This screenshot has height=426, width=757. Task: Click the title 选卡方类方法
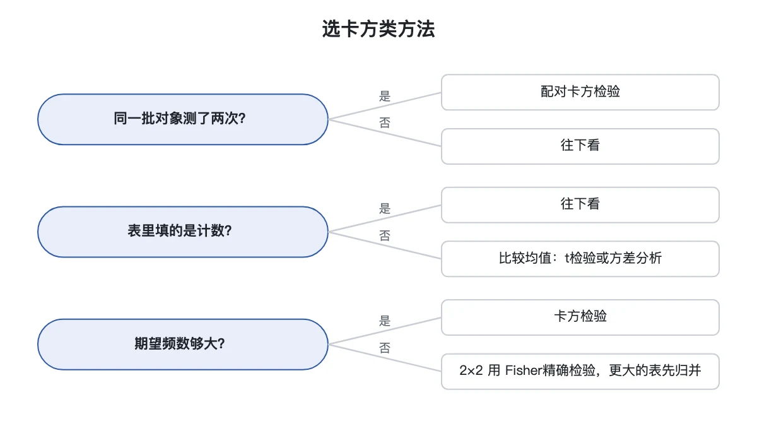point(378,29)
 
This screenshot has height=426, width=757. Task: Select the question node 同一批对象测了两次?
point(183,119)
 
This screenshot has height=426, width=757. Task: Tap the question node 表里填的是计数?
point(183,232)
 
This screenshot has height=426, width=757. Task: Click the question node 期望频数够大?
point(183,344)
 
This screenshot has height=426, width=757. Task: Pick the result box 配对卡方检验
point(580,92)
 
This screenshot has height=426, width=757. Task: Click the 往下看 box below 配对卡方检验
point(580,146)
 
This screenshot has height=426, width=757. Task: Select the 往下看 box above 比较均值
point(580,205)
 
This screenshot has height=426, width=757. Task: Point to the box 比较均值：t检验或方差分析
point(580,259)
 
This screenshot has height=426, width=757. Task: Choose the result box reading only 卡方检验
point(580,317)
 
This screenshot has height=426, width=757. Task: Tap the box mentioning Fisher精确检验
point(580,372)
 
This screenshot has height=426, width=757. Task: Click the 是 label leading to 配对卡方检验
point(385,96)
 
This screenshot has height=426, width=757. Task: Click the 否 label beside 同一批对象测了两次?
point(385,122)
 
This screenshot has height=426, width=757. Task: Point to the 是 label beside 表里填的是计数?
point(385,209)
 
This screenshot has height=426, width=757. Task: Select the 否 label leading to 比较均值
point(385,235)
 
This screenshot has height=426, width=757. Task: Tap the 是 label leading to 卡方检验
point(385,321)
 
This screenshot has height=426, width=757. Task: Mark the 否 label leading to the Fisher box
point(385,348)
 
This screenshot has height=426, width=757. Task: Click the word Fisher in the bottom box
point(524,370)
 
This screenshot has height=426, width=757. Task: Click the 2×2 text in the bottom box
point(471,370)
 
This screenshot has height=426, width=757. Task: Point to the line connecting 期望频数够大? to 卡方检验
point(385,331)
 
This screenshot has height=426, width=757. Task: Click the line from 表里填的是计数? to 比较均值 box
point(385,246)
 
